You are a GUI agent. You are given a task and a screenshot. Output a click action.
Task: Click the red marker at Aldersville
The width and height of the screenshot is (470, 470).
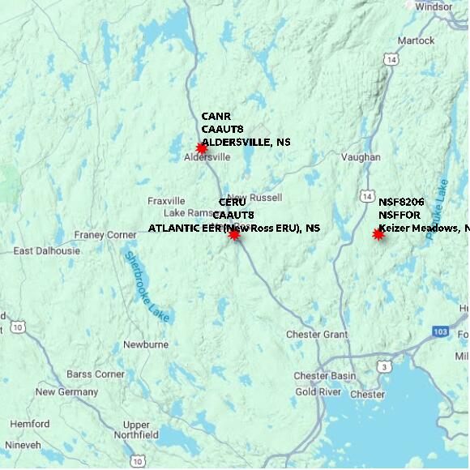(x=201, y=148)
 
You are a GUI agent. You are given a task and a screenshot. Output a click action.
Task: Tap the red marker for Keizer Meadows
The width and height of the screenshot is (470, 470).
(x=378, y=234)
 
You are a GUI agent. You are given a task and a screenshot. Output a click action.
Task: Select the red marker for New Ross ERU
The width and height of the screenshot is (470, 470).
(x=233, y=234)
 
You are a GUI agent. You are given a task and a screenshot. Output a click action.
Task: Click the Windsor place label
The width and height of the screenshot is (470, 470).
(x=435, y=6)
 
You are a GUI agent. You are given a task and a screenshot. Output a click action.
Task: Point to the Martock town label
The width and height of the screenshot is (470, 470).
(x=416, y=40)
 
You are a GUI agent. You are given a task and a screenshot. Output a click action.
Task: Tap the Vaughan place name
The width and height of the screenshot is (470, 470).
(x=361, y=156)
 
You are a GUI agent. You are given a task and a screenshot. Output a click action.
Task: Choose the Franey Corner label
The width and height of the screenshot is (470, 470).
(x=105, y=235)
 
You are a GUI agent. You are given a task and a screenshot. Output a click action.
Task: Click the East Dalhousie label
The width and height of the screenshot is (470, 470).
(x=47, y=251)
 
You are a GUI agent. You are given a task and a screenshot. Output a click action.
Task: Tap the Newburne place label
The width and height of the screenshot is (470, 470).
(x=145, y=344)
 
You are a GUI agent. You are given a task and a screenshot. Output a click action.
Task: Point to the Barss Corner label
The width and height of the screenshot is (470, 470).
(x=96, y=374)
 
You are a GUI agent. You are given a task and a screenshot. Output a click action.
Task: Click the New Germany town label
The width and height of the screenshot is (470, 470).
(x=67, y=392)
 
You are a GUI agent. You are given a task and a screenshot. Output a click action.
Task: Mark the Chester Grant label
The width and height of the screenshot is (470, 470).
(x=316, y=335)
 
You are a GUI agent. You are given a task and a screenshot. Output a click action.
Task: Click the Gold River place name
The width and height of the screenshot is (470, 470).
(x=318, y=392)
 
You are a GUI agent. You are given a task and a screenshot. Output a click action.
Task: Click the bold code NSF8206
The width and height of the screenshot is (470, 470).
(x=401, y=202)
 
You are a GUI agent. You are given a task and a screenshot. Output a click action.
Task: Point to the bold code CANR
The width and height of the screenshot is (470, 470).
(x=216, y=116)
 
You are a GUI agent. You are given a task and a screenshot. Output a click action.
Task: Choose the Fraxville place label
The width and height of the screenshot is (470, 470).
(x=167, y=201)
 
